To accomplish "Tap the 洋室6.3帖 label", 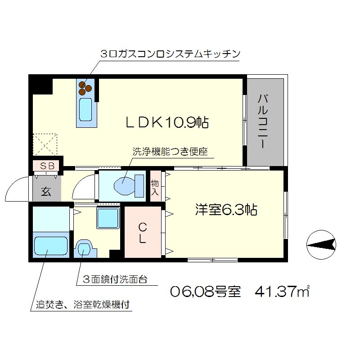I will point(226,210).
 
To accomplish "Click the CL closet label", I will point(141,232).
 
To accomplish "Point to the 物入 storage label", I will point(154,188).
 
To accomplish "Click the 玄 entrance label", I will point(46,191).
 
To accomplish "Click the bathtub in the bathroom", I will point(50,246).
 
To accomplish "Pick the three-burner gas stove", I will point(85,87).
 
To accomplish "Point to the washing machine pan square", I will point(108,218).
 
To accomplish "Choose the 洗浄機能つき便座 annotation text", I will point(170,152).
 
